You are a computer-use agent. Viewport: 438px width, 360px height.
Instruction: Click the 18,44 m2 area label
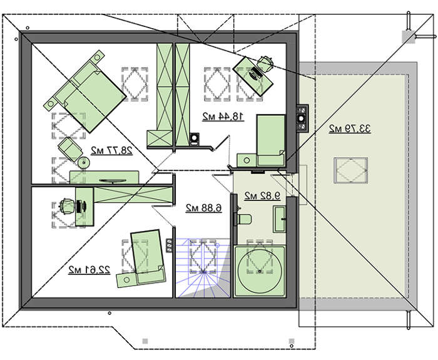tap(223, 117)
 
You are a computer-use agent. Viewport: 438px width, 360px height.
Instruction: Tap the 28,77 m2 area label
tap(111, 151)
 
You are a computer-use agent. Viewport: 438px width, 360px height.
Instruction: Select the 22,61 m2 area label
tap(89, 270)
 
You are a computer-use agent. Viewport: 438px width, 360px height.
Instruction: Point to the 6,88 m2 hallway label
tap(204, 208)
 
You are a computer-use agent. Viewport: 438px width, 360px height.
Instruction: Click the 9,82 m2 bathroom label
tap(262, 196)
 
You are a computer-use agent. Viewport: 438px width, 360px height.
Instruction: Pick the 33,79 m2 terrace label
tap(350, 128)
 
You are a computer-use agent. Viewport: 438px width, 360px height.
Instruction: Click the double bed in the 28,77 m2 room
tap(85, 91)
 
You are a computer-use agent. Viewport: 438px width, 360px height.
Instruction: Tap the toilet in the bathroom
tap(243, 219)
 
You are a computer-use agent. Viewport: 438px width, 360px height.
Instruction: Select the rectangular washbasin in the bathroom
tap(279, 219)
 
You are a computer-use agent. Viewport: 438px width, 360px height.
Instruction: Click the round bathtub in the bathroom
tap(260, 270)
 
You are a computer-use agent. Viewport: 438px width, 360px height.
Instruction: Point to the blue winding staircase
tap(203, 267)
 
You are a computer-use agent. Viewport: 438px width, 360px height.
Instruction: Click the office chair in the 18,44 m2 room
tap(265, 64)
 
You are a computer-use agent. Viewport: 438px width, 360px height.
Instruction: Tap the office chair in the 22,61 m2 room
tap(67, 207)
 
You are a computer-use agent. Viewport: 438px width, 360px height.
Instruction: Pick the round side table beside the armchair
tap(83, 163)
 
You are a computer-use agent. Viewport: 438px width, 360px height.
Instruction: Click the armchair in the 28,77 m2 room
tap(70, 149)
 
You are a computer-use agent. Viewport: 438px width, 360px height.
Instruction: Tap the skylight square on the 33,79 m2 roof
tap(350, 170)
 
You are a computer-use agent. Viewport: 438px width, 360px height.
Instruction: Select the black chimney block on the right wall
tap(302, 118)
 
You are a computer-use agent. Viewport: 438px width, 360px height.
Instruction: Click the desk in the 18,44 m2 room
tap(253, 76)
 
